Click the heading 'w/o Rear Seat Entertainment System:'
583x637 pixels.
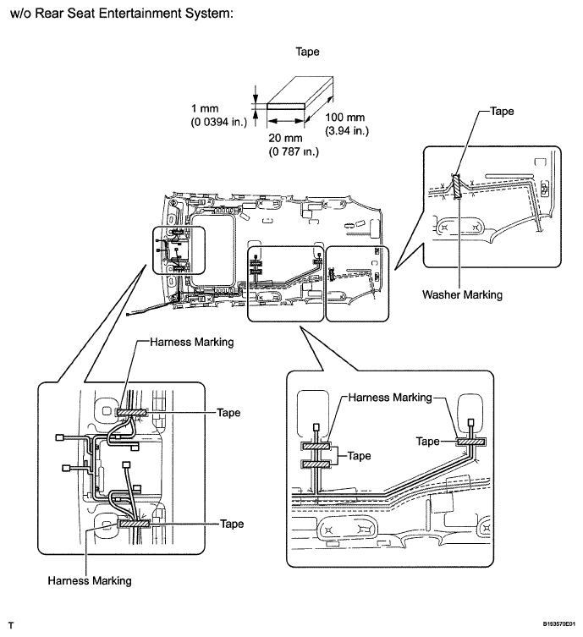[122, 14]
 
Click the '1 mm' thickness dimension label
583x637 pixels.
[205, 108]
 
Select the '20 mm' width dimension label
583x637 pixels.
[285, 138]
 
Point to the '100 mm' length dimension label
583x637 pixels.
[345, 118]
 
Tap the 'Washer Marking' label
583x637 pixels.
[462, 294]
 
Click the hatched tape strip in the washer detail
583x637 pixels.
[458, 186]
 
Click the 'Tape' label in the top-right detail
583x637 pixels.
[502, 112]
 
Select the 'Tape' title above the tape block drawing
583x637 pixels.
[307, 52]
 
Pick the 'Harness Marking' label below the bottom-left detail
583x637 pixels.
[90, 580]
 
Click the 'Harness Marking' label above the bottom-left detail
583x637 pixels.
[192, 342]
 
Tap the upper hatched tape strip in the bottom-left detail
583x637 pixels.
[131, 413]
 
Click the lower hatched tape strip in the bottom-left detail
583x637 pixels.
[133, 524]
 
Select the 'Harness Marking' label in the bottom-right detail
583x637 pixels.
[390, 398]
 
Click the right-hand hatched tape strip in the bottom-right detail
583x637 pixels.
[470, 442]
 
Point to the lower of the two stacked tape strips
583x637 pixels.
[316, 464]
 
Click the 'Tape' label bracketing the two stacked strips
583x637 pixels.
[359, 456]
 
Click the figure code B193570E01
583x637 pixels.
[559, 623]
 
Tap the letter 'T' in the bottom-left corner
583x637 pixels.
[11, 625]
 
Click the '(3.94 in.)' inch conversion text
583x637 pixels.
[347, 131]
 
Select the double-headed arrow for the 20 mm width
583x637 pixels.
[286, 121]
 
